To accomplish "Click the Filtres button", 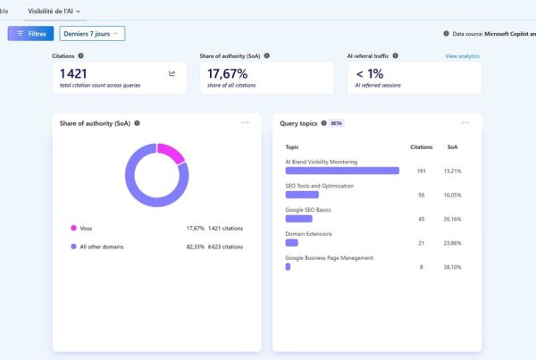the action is [30, 34].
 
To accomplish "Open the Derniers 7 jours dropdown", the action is [92, 34].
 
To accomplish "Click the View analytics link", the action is [462, 56].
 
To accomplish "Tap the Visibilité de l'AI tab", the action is [54, 12].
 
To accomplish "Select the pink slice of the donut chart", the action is [172, 152].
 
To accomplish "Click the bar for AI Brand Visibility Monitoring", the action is [342, 171].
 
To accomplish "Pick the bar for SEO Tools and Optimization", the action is [302, 195].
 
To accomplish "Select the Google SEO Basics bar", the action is [298, 219].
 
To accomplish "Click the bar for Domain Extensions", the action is [291, 243].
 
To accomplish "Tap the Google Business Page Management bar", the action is [288, 267].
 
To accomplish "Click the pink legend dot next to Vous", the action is [73, 228].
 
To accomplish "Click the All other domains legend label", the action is [102, 247].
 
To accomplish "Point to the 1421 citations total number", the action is [73, 74].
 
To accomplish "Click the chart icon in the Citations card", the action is [172, 73].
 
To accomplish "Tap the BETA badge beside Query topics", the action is [337, 123].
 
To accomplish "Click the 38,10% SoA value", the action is [452, 267].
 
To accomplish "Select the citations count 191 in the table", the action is [421, 171].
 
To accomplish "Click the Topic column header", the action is [292, 147].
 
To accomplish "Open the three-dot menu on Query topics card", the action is [465, 122].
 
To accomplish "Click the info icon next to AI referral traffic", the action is [395, 55].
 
